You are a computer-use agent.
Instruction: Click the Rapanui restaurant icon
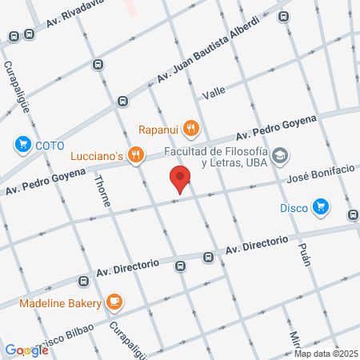click(190, 126)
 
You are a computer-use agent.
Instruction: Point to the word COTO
click(49, 145)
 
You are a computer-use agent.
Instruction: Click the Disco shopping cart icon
click(321, 207)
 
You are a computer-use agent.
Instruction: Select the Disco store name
click(294, 208)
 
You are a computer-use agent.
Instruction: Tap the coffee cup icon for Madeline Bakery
click(115, 302)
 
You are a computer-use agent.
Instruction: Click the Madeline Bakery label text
click(61, 303)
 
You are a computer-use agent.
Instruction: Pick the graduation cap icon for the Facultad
click(280, 154)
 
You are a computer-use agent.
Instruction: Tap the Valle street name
click(214, 94)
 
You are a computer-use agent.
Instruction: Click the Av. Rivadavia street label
click(75, 16)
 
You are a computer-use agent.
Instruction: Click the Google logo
click(27, 350)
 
